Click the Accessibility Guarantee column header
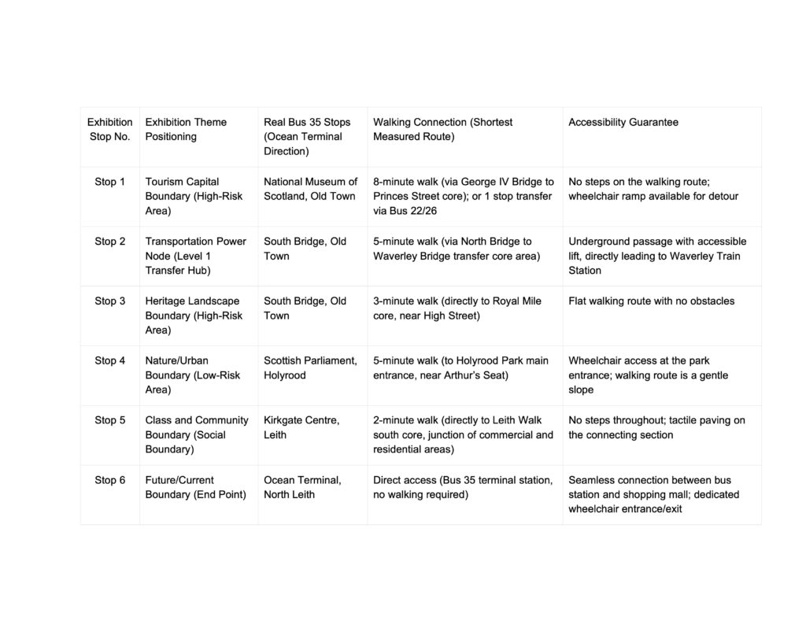coord(623,122)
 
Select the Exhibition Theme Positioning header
coord(186,129)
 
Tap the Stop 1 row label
coord(109,182)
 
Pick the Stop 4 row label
coord(109,360)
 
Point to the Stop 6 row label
coord(109,480)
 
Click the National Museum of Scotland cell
coord(310,189)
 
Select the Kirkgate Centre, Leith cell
coord(301,427)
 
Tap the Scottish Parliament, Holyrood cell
coord(310,367)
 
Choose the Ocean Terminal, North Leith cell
coord(302,487)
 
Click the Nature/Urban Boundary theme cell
coord(193,375)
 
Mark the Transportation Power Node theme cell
coord(195,256)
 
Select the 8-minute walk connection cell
coord(463,196)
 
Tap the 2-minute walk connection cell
coord(463,434)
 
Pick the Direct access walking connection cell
coord(462,487)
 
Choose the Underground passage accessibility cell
coord(657,256)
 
